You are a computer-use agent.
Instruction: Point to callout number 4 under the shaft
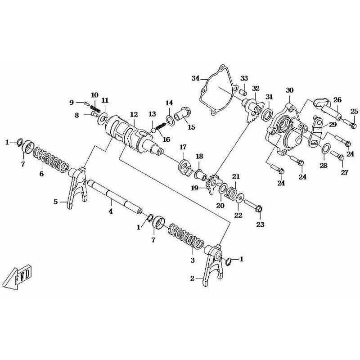click(110, 209)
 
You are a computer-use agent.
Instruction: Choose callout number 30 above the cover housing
click(289, 90)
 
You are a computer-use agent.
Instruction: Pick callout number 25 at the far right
click(354, 111)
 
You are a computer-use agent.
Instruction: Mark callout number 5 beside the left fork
click(56, 202)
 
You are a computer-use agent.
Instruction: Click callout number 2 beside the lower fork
click(192, 279)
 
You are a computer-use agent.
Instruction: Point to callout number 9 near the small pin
click(72, 102)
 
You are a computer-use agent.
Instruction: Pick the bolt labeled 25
click(350, 122)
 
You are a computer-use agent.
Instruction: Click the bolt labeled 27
click(338, 156)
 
